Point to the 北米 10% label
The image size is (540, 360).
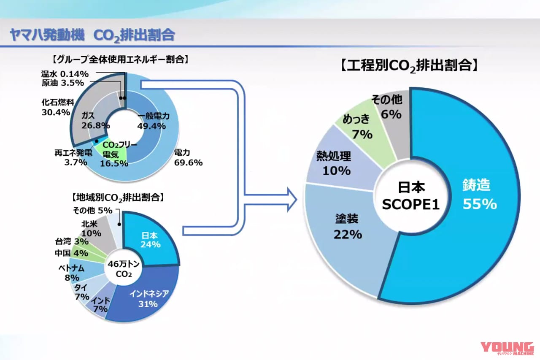90,228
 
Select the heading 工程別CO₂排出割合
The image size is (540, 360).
409,65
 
